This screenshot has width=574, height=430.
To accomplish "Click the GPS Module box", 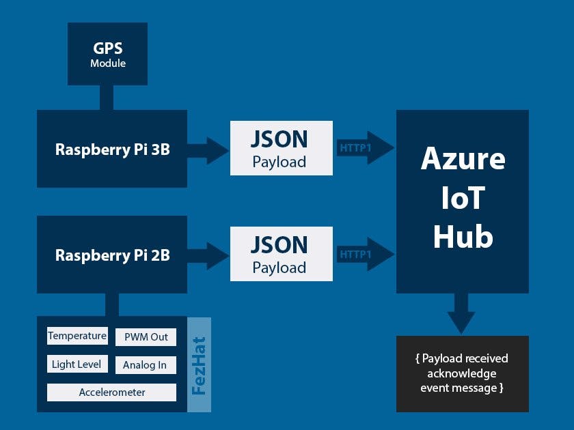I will click(107, 54).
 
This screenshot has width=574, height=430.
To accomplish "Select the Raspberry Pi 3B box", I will click(112, 149).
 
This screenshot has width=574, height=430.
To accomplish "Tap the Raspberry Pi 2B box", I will click(112, 255).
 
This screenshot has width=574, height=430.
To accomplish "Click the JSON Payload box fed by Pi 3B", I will click(281, 148).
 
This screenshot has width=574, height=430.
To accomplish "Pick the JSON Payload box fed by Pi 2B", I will click(281, 254).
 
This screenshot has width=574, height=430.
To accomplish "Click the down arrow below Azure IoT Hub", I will click(461, 313).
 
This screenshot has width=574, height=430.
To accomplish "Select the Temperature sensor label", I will click(77, 336).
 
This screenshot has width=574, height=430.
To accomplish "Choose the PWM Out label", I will click(146, 337).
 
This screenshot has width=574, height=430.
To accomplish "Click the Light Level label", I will click(77, 364).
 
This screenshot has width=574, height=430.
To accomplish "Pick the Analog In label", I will click(145, 365).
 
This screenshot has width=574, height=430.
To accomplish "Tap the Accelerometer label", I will click(111, 392).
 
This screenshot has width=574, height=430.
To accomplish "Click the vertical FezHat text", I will click(199, 365).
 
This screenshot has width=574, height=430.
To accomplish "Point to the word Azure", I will click(463, 158).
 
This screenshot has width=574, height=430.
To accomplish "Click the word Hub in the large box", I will click(463, 237).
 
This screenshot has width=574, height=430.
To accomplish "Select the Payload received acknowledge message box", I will click(463, 373).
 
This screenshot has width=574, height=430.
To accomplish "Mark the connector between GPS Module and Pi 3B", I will click(107, 98).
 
